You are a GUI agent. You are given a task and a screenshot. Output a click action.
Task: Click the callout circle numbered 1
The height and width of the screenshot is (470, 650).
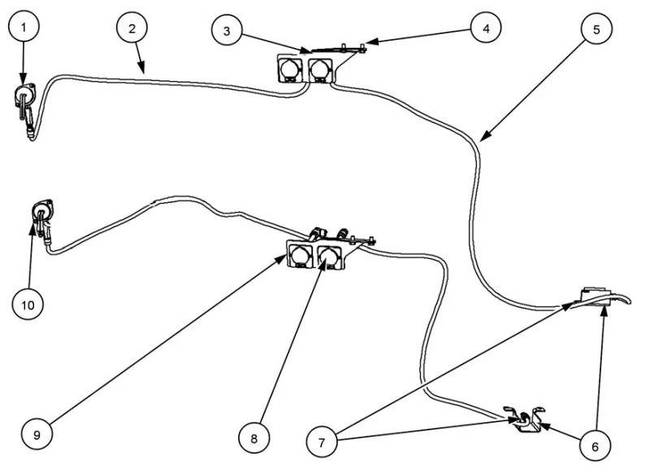pyautogui.click(x=24, y=28)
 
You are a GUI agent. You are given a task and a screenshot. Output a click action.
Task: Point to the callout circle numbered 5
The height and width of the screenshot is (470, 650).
pyautogui.click(x=596, y=28)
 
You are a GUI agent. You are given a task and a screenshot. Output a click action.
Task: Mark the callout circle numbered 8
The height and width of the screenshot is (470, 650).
pyautogui.click(x=253, y=438)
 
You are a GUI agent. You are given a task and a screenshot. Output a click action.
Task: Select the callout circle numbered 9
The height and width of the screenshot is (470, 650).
pyautogui.click(x=37, y=432)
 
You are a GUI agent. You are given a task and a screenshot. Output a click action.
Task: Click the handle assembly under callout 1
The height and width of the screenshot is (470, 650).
pyautogui.click(x=25, y=101)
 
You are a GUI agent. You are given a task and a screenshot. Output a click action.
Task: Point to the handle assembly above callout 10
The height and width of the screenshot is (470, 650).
pyautogui.click(x=41, y=217)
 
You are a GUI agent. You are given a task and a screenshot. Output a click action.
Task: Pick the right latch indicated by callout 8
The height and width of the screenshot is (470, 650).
pyautogui.click(x=330, y=257)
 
